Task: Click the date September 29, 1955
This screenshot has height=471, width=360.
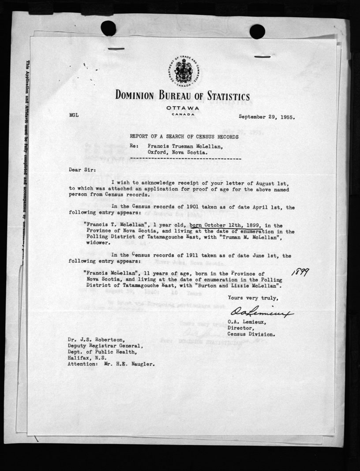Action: click(267, 117)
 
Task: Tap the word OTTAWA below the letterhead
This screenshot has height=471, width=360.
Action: click(183, 108)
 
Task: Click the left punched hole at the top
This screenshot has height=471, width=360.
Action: click(109, 28)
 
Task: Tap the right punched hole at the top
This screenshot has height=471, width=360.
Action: click(257, 31)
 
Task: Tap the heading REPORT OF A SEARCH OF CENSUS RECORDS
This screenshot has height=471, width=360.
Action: click(184, 137)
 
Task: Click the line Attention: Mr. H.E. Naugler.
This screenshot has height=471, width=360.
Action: click(112, 365)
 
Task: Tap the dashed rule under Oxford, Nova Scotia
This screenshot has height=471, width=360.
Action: click(186, 157)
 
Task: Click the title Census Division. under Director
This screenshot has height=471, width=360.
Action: click(251, 334)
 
